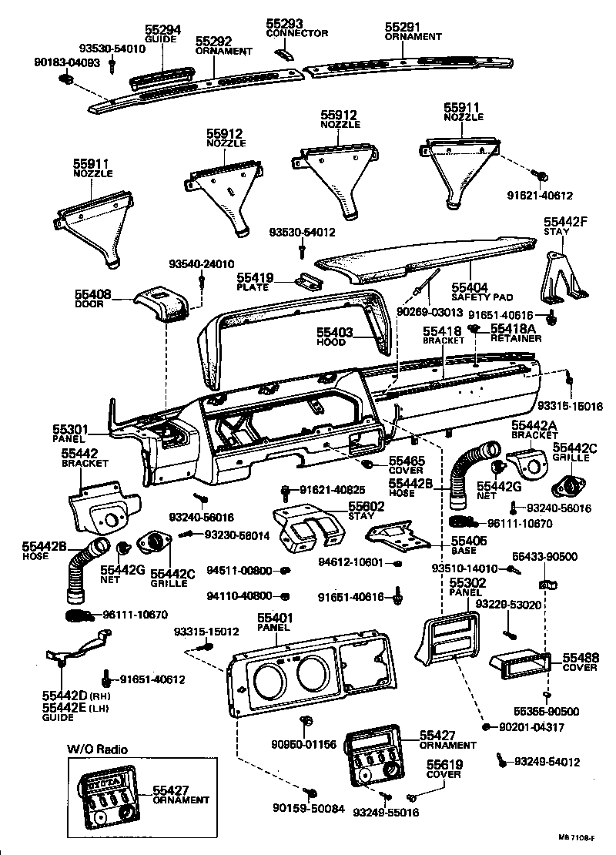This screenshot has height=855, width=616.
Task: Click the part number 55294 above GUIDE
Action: pyautogui.click(x=162, y=31)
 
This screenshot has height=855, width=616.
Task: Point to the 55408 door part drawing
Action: pyautogui.click(x=162, y=303)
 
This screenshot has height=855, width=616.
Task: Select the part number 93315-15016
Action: pyautogui.click(x=570, y=406)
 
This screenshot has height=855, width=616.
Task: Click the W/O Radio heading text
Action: pyautogui.click(x=97, y=749)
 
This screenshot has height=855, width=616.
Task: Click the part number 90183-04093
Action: pyautogui.click(x=69, y=62)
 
